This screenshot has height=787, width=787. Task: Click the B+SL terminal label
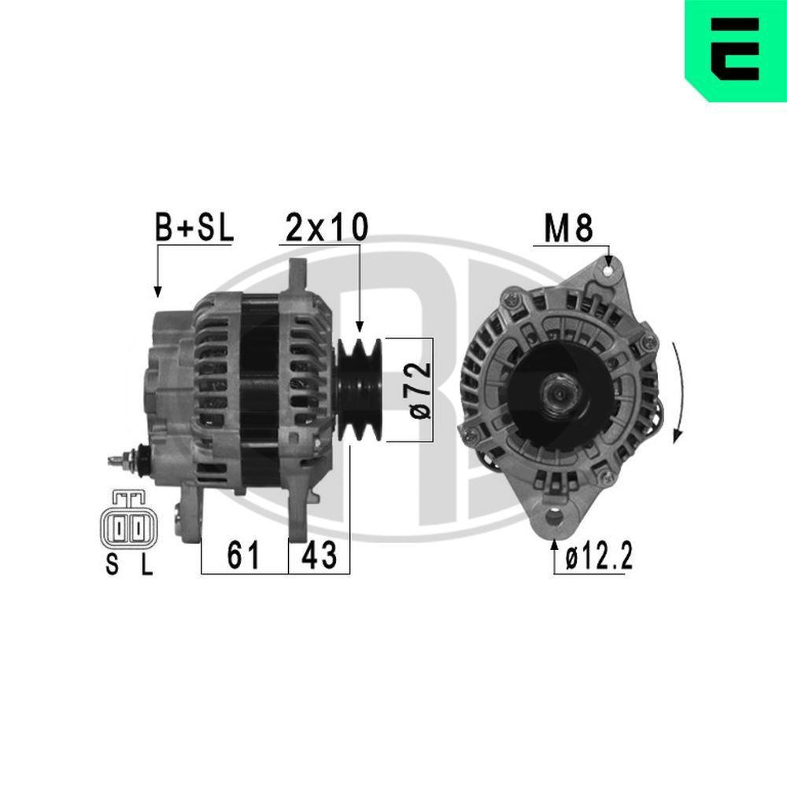[193, 228]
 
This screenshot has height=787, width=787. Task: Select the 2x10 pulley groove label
[326, 227]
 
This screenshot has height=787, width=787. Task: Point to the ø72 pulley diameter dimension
[420, 390]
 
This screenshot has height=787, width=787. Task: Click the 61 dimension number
[244, 556]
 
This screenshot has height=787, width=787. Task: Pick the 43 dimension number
[320, 556]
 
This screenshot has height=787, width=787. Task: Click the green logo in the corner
[736, 50]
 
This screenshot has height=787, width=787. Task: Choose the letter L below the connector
[146, 565]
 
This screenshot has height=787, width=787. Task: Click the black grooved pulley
[360, 390]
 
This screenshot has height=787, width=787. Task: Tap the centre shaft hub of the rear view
[558, 390]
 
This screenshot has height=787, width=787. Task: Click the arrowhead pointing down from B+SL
[157, 291]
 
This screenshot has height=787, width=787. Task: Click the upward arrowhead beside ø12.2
[556, 545]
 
